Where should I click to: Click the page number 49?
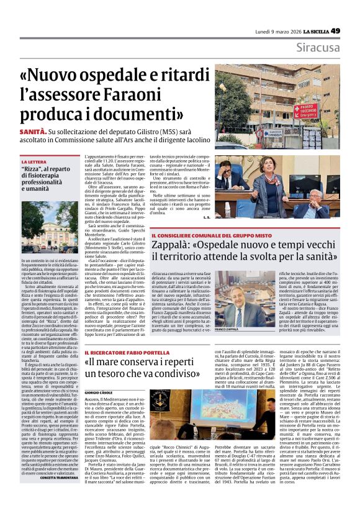(353, 30)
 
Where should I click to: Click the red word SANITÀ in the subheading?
(33, 132)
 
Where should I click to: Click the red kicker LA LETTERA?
(34, 161)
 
